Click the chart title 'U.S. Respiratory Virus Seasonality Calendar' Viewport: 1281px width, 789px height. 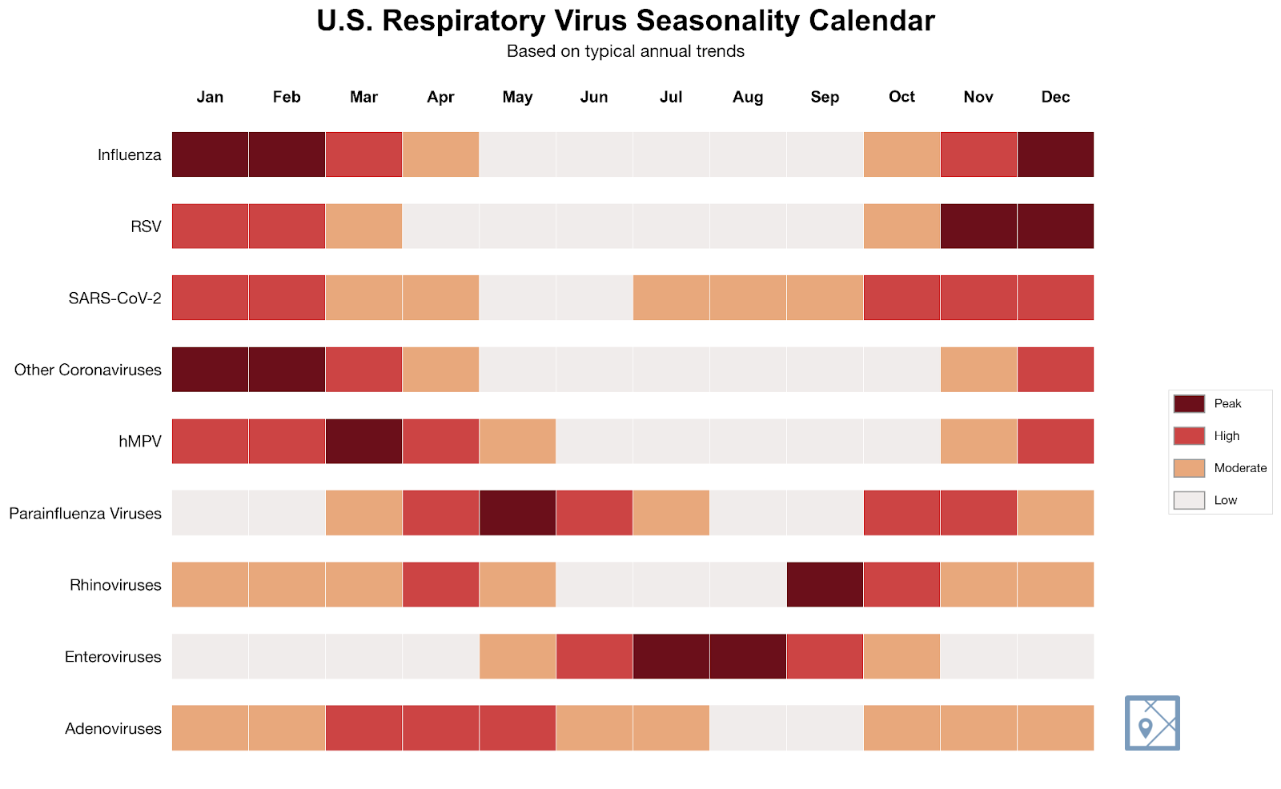click(625, 21)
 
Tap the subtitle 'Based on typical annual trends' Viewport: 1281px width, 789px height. click(625, 51)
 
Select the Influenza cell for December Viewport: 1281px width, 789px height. click(1055, 154)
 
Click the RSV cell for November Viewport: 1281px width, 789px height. click(978, 226)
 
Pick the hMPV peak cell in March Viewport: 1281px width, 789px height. click(363, 441)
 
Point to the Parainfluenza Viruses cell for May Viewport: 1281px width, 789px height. click(517, 513)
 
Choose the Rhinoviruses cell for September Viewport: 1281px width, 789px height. click(825, 585)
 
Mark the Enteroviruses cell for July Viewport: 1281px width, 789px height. click(671, 656)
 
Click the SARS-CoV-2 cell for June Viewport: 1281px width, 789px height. click(594, 298)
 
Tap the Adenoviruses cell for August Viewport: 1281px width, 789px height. click(748, 728)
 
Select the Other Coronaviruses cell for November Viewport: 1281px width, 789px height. click(978, 370)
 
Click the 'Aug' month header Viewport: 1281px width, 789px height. click(748, 97)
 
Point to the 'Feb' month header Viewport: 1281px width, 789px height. click(287, 97)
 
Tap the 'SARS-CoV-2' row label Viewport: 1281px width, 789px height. click(114, 298)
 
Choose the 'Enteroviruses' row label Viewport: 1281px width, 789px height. click(113, 657)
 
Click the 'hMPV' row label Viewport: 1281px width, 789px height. click(140, 442)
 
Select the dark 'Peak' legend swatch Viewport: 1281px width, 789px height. click(1189, 403)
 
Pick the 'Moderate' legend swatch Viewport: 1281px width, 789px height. click(1189, 468)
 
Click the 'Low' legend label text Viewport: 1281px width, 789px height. click(1225, 500)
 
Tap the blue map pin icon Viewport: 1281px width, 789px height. click(1151, 723)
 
